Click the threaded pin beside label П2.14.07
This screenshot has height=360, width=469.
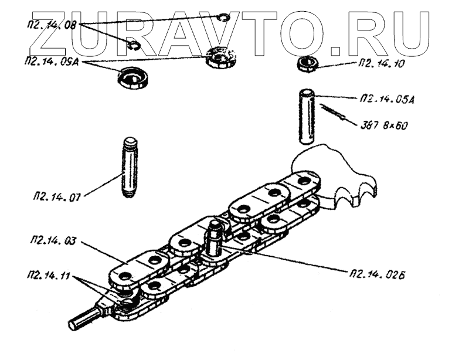(x=130, y=167)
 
